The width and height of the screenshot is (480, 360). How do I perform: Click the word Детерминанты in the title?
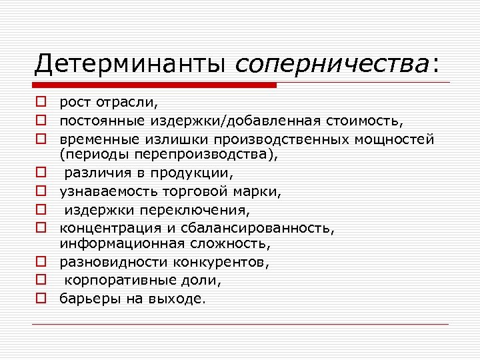[132, 64]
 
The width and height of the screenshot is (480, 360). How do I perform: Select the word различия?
[95, 174]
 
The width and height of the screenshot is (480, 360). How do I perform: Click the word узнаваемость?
[100, 192]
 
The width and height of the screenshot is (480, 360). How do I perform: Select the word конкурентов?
[225, 262]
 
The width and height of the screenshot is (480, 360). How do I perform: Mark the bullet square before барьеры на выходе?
[41, 298]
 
